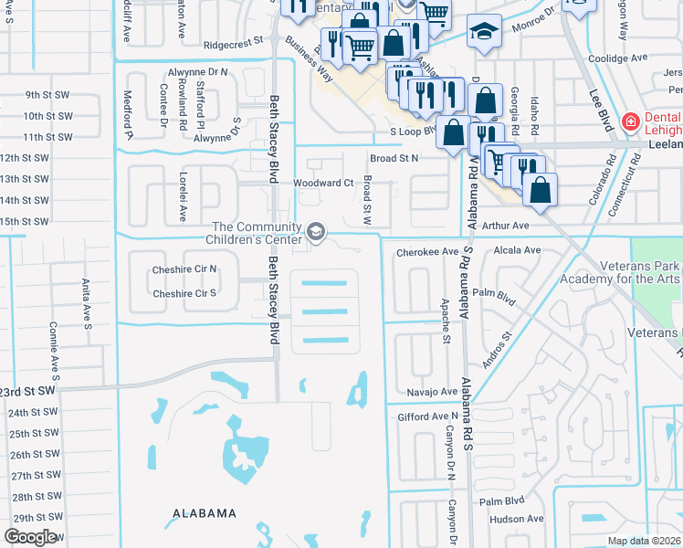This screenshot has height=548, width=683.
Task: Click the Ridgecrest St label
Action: click(x=234, y=42)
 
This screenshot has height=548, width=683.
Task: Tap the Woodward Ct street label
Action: click(x=322, y=183)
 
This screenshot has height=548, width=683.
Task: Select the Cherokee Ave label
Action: click(x=426, y=251)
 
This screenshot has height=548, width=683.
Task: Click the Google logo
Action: click(x=30, y=537)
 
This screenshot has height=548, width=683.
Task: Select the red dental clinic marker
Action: click(x=629, y=121)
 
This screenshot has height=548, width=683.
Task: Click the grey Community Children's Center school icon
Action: click(x=316, y=234)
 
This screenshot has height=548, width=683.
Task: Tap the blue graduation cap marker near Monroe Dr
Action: click(x=484, y=31)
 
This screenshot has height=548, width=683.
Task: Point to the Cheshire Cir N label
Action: click(x=184, y=269)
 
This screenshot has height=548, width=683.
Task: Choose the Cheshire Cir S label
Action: click(x=184, y=293)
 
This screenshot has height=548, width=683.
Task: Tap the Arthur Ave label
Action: click(x=506, y=226)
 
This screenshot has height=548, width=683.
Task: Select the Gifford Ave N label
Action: click(x=426, y=416)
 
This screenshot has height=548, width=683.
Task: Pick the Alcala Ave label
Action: click(x=516, y=250)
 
